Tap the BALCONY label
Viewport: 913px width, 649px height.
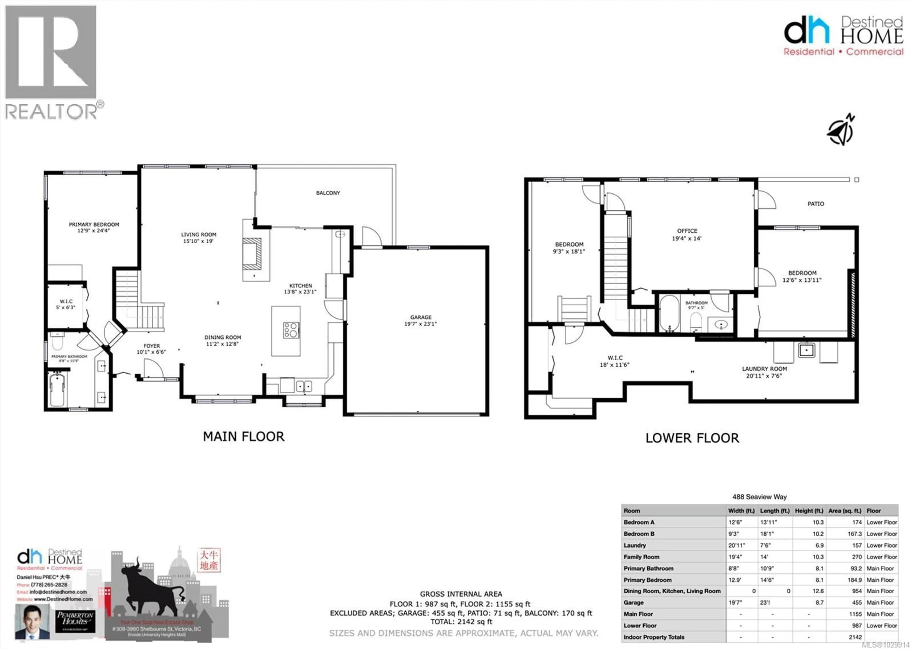[328, 193]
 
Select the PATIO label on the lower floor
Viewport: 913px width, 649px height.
[816, 204]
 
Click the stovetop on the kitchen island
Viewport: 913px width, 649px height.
[291, 330]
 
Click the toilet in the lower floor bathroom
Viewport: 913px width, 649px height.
[696, 322]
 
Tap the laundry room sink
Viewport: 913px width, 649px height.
[806, 351]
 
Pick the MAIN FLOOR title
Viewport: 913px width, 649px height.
[244, 436]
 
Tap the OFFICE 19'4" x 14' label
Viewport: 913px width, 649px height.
[687, 235]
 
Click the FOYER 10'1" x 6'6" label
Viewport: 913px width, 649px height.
[151, 349]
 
